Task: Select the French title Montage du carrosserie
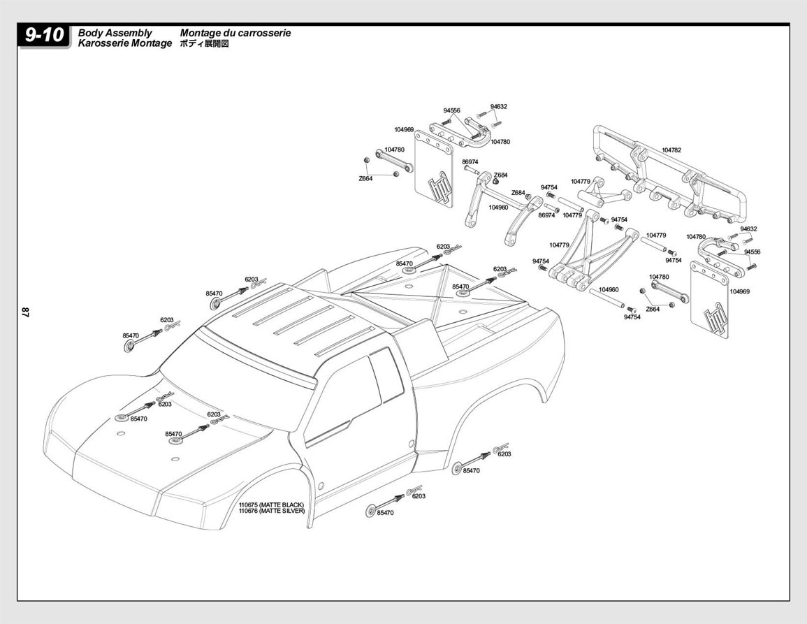coord(235,33)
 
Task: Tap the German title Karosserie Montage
coord(124,43)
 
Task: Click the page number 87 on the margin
coord(26,312)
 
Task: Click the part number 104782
coord(671,150)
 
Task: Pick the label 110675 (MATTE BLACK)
coord(271,505)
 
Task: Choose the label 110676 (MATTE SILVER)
coord(272,511)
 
